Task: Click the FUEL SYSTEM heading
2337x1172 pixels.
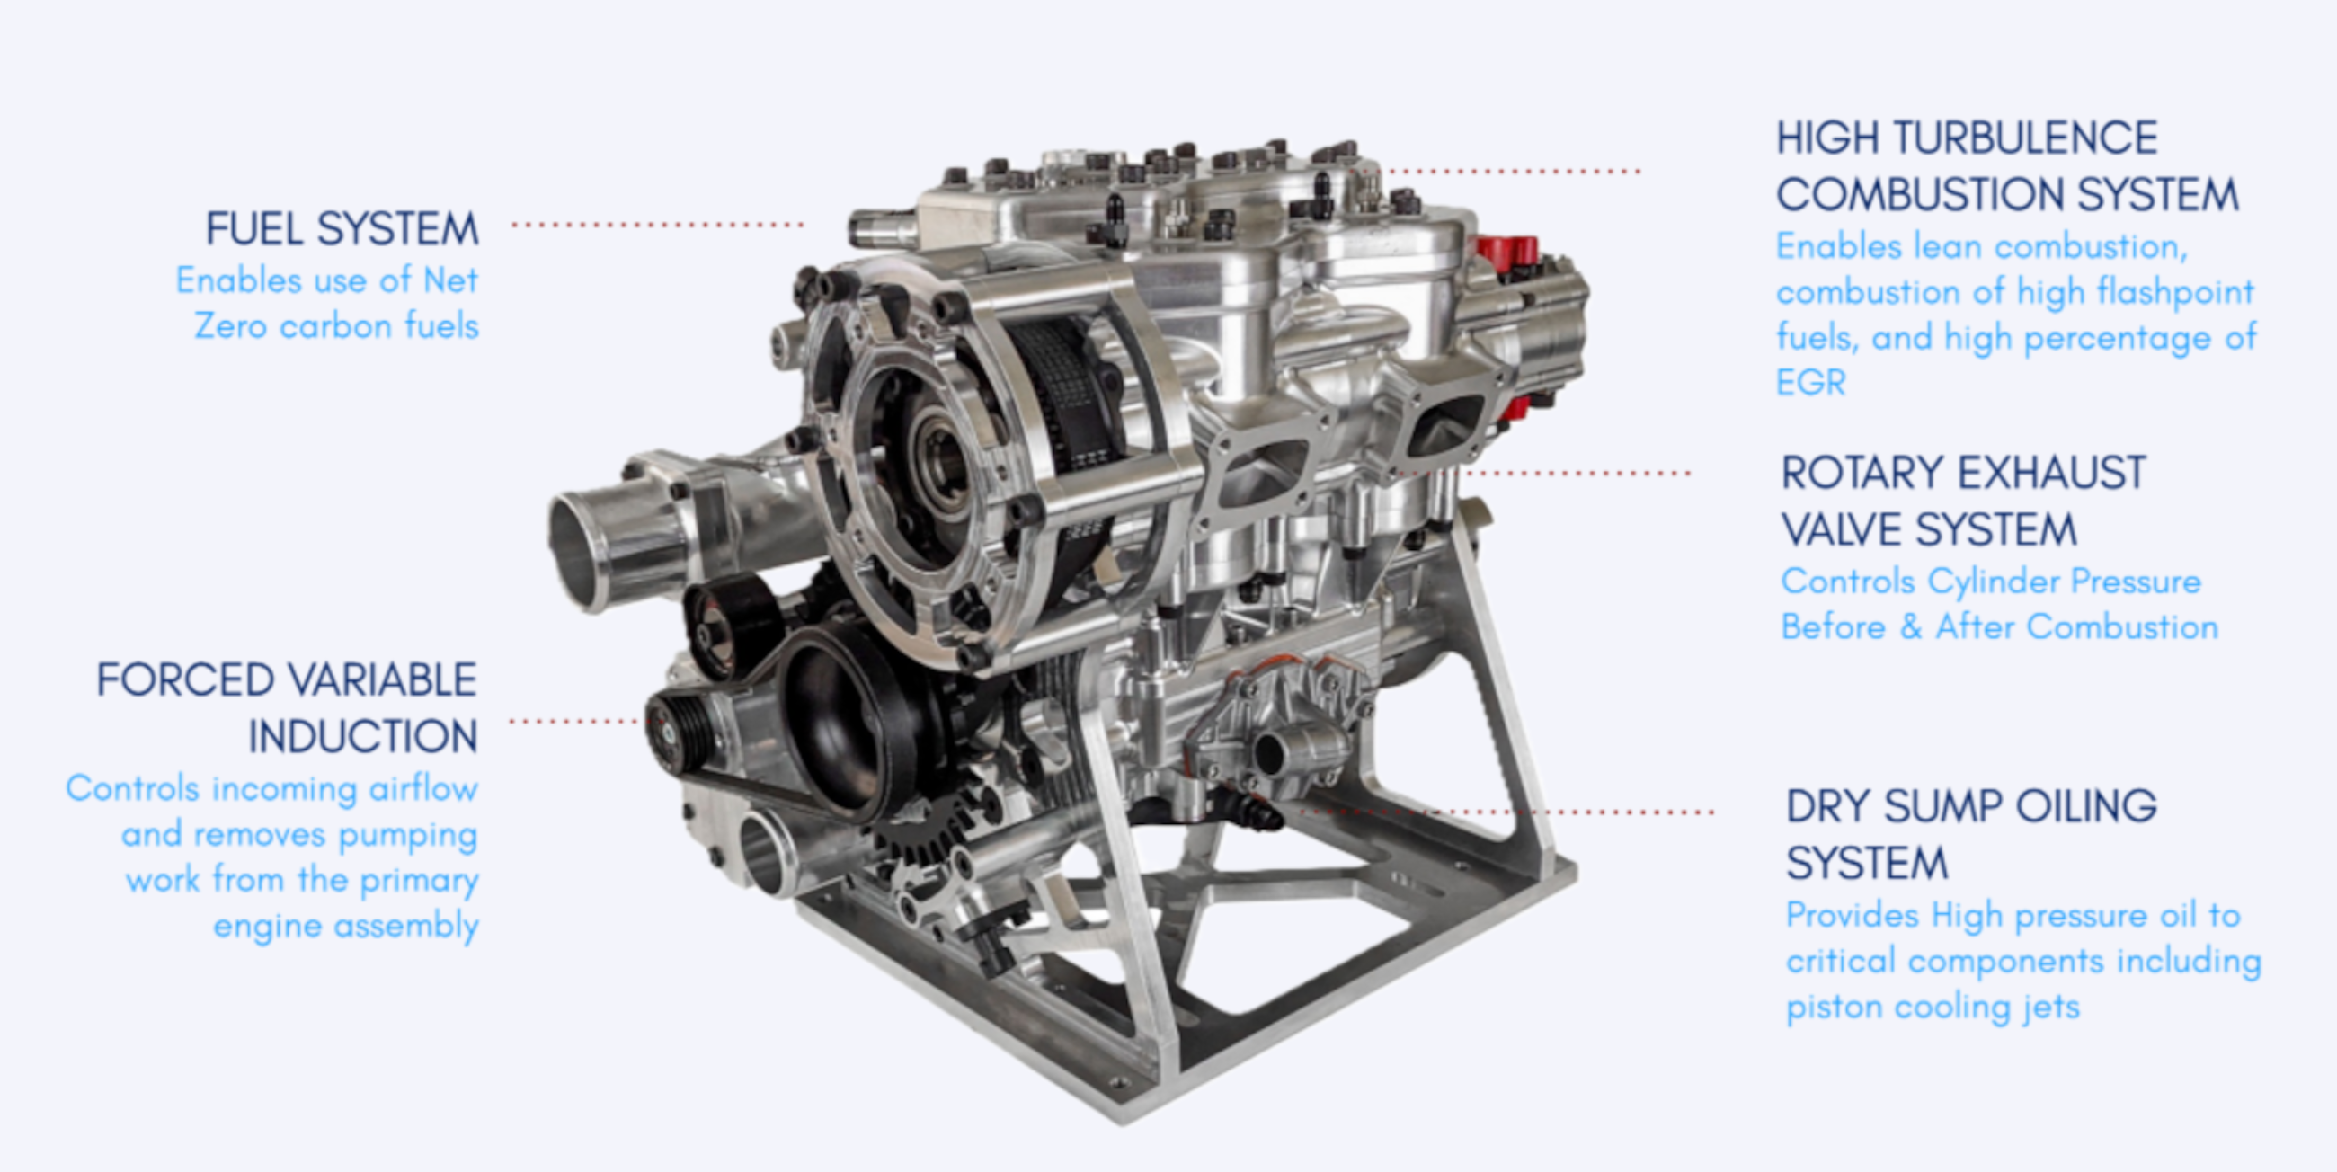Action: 342,228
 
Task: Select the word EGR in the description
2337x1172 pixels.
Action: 1810,383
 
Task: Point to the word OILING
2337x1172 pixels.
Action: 2084,806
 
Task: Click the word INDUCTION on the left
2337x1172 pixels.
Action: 363,737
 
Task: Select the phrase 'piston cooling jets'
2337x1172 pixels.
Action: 1932,1007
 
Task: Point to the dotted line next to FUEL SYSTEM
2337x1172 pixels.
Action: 657,224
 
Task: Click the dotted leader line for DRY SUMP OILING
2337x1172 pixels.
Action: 1506,812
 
